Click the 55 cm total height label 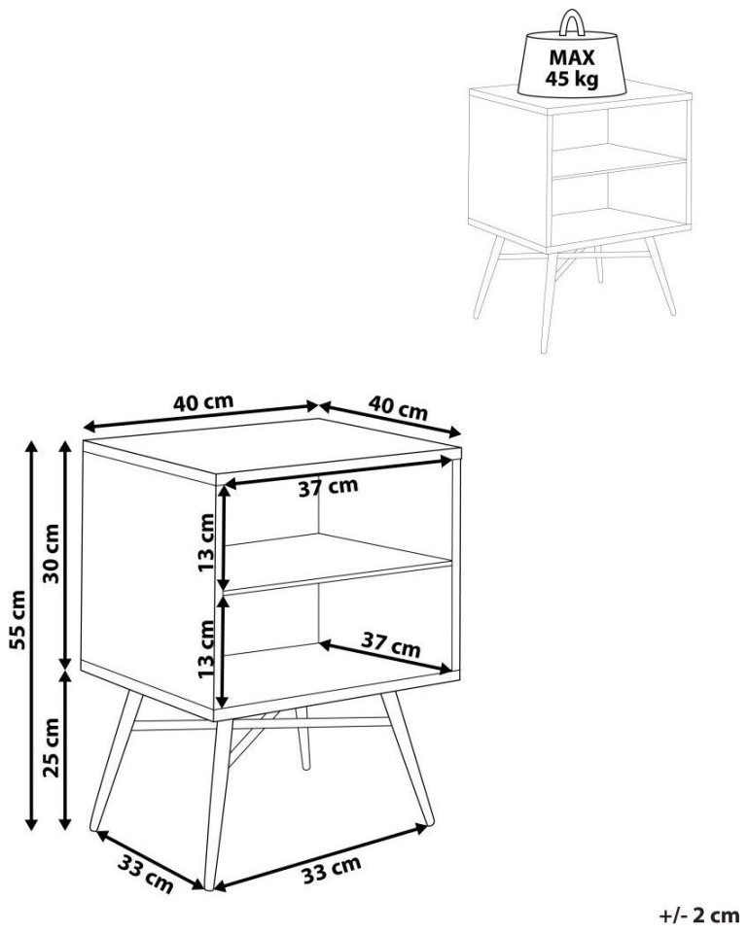(x=19, y=620)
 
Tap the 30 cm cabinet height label (x=52, y=553)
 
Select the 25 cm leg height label (x=52, y=747)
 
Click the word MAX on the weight (x=572, y=57)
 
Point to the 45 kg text (x=572, y=79)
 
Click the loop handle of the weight (x=572, y=22)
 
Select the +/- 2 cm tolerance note (x=698, y=915)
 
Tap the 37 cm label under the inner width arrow (x=328, y=487)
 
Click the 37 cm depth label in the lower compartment (x=391, y=643)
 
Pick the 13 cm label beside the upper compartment (x=206, y=542)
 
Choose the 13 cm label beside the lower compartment (x=206, y=649)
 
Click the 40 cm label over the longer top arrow (x=203, y=402)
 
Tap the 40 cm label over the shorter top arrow (x=398, y=407)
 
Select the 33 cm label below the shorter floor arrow (x=145, y=874)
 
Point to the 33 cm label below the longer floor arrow (x=331, y=870)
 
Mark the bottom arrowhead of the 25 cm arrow (x=65, y=823)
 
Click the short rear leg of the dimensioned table (x=303, y=739)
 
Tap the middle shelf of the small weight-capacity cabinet (x=620, y=161)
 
